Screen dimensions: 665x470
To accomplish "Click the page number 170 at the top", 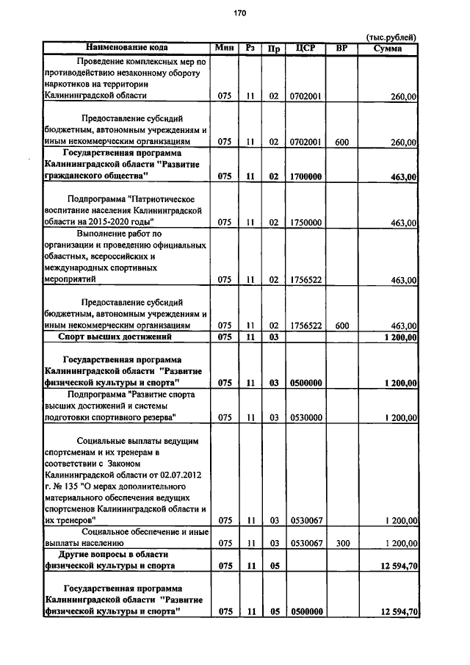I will pyautogui.click(x=239, y=12).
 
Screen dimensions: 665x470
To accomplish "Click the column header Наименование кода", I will pyautogui.click(x=126, y=48).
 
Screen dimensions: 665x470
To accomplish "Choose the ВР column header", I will pyautogui.click(x=341, y=48).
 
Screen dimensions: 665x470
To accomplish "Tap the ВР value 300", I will pyautogui.click(x=341, y=542).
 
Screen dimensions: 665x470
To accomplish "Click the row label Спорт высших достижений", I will pyautogui.click(x=115, y=337).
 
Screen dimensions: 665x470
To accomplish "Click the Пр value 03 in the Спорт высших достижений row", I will pyautogui.click(x=273, y=337).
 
